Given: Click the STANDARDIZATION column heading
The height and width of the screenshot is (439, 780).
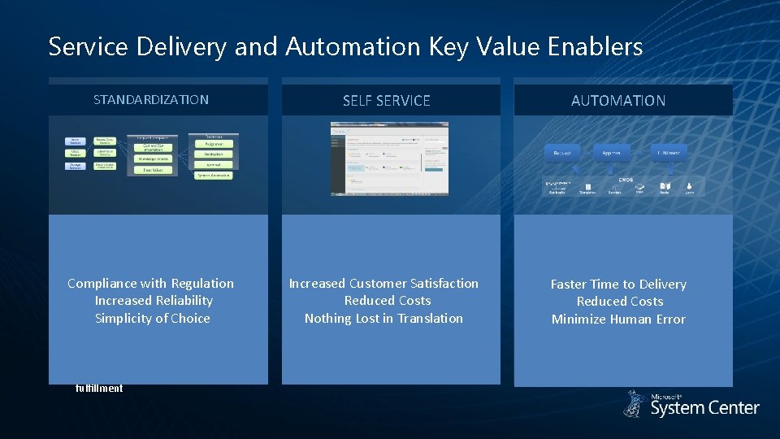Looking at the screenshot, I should [x=151, y=100].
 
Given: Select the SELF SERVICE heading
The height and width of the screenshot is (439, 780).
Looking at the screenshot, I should [x=387, y=101].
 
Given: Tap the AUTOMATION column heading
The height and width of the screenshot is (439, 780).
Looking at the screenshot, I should [x=618, y=101].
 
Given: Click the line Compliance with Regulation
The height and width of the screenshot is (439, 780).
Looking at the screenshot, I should [x=151, y=284].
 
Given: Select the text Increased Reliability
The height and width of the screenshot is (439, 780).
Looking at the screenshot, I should [x=153, y=301].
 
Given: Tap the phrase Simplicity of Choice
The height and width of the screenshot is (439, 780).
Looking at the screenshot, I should [x=153, y=319].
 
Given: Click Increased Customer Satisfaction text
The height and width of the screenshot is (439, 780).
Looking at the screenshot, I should [x=383, y=284].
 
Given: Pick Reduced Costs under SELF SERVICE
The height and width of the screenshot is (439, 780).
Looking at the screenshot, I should [x=387, y=301].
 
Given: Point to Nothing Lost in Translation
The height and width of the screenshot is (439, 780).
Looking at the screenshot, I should [x=383, y=319].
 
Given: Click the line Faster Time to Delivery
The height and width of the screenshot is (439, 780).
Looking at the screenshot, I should [x=618, y=285].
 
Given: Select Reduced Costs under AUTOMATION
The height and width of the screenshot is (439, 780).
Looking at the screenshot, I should [x=620, y=302].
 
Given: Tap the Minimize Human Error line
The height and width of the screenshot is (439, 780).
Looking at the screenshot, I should [x=618, y=319].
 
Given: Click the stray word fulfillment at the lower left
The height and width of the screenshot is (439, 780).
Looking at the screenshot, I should [x=99, y=389].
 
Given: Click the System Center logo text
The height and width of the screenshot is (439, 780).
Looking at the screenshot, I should [x=704, y=407].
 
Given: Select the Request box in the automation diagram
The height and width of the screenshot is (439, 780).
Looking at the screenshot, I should [x=562, y=152].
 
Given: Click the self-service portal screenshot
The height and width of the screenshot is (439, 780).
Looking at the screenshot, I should [x=389, y=159].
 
